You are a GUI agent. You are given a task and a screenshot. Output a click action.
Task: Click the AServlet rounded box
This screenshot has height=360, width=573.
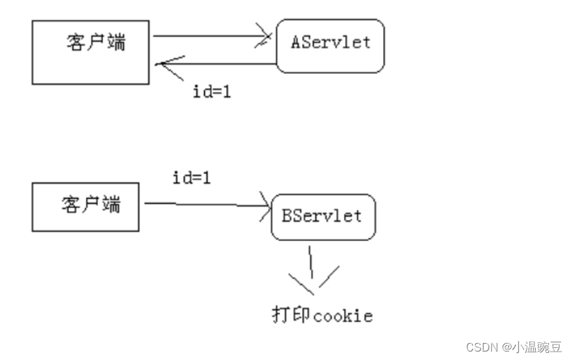(330, 46)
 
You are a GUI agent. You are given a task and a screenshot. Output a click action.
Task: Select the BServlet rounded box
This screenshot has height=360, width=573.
(323, 216)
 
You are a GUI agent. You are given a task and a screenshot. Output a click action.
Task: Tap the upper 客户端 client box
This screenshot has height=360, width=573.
(91, 53)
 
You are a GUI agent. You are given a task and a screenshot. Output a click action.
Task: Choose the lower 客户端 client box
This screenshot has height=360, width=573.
(85, 206)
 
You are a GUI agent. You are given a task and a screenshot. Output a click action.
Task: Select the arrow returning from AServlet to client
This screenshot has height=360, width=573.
(215, 64)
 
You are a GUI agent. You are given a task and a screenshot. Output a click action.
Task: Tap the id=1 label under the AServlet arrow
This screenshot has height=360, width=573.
(212, 92)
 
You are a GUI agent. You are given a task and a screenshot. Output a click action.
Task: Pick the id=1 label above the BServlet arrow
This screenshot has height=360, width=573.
(191, 178)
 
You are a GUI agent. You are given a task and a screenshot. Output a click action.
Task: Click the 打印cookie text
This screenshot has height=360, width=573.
(322, 315)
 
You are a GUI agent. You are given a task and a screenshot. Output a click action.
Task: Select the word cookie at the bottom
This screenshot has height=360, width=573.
(343, 316)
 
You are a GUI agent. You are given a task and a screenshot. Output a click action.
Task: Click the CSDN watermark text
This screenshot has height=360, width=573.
(482, 347)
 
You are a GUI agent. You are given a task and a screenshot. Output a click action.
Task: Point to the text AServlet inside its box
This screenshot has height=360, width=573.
(330, 42)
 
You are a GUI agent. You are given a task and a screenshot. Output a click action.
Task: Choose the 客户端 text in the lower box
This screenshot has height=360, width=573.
(91, 205)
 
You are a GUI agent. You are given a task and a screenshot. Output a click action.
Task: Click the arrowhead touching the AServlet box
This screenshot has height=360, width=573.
(266, 36)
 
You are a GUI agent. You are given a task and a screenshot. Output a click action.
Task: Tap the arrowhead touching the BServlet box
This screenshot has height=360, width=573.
(264, 206)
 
